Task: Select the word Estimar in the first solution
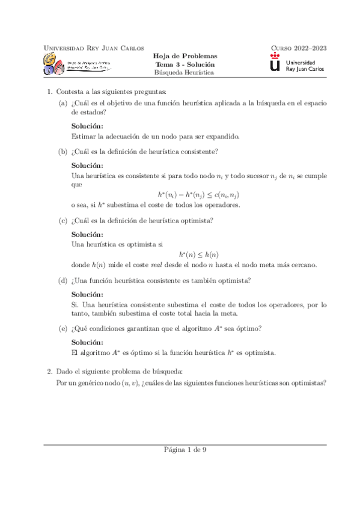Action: [84, 137]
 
